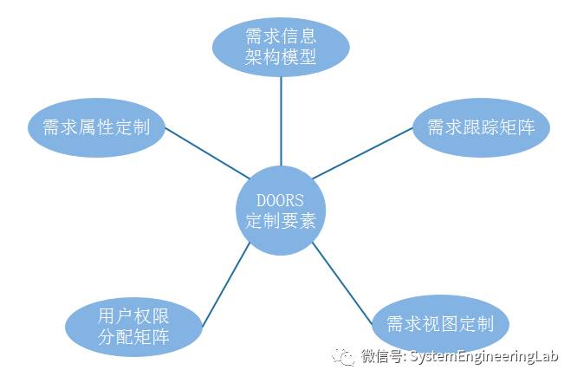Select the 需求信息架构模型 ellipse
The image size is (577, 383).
tap(281, 48)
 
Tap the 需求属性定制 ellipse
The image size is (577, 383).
tap(96, 127)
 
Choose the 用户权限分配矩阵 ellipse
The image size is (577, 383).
tap(134, 325)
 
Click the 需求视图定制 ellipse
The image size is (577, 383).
tap(439, 324)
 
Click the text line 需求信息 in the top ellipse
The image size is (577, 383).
tap(281, 36)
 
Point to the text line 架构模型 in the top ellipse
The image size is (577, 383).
tap(281, 59)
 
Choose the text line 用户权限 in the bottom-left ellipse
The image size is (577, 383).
tap(134, 315)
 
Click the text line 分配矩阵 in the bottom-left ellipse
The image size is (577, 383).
tap(134, 336)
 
